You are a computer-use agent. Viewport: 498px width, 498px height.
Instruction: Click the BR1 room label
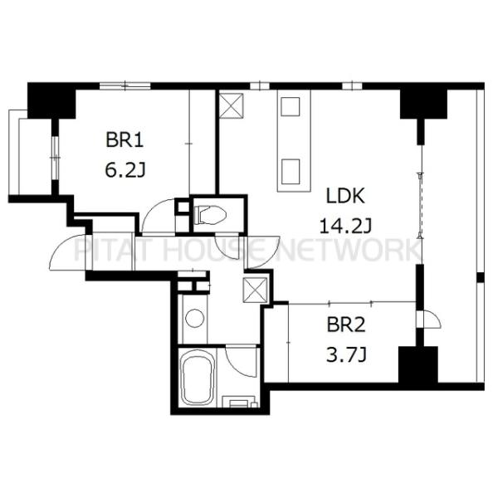click(124, 140)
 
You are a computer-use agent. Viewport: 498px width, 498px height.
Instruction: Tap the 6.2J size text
click(125, 170)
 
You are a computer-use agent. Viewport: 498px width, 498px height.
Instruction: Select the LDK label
click(345, 196)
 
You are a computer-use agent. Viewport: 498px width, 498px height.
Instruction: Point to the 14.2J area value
click(345, 227)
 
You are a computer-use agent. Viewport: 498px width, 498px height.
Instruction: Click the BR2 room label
click(346, 325)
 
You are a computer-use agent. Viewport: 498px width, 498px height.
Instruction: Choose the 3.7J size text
click(346, 354)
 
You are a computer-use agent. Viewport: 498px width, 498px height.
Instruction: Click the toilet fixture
click(210, 215)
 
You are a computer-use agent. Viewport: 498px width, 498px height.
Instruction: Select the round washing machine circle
click(194, 318)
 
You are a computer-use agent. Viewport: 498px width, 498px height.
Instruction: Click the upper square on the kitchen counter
click(290, 107)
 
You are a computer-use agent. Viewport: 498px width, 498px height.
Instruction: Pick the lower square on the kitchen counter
click(290, 172)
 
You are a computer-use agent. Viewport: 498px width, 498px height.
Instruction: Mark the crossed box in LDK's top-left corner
click(232, 105)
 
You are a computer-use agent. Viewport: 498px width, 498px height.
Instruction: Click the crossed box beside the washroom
click(255, 290)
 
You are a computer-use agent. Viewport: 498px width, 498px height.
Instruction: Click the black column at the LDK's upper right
click(423, 105)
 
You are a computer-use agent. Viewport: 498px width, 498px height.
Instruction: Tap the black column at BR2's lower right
click(418, 365)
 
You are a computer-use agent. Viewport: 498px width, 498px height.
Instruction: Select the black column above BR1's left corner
click(51, 100)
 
